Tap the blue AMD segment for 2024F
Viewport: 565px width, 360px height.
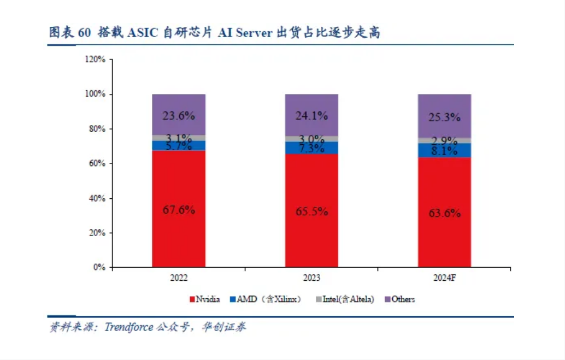(x=444, y=150)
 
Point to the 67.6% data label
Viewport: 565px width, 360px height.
(x=179, y=210)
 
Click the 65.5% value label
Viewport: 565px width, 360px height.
(x=311, y=211)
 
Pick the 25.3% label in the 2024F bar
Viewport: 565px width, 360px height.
(x=444, y=117)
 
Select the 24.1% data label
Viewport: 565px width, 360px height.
(x=311, y=116)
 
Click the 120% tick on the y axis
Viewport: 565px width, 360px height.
(x=95, y=59)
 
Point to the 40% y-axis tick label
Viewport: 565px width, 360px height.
(x=97, y=198)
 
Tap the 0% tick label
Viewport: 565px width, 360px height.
(x=99, y=268)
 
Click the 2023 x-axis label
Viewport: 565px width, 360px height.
(x=311, y=278)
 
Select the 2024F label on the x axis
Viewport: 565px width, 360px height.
(x=444, y=278)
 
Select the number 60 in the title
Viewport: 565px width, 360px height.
(x=84, y=33)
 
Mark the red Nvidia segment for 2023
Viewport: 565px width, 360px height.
(x=311, y=240)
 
